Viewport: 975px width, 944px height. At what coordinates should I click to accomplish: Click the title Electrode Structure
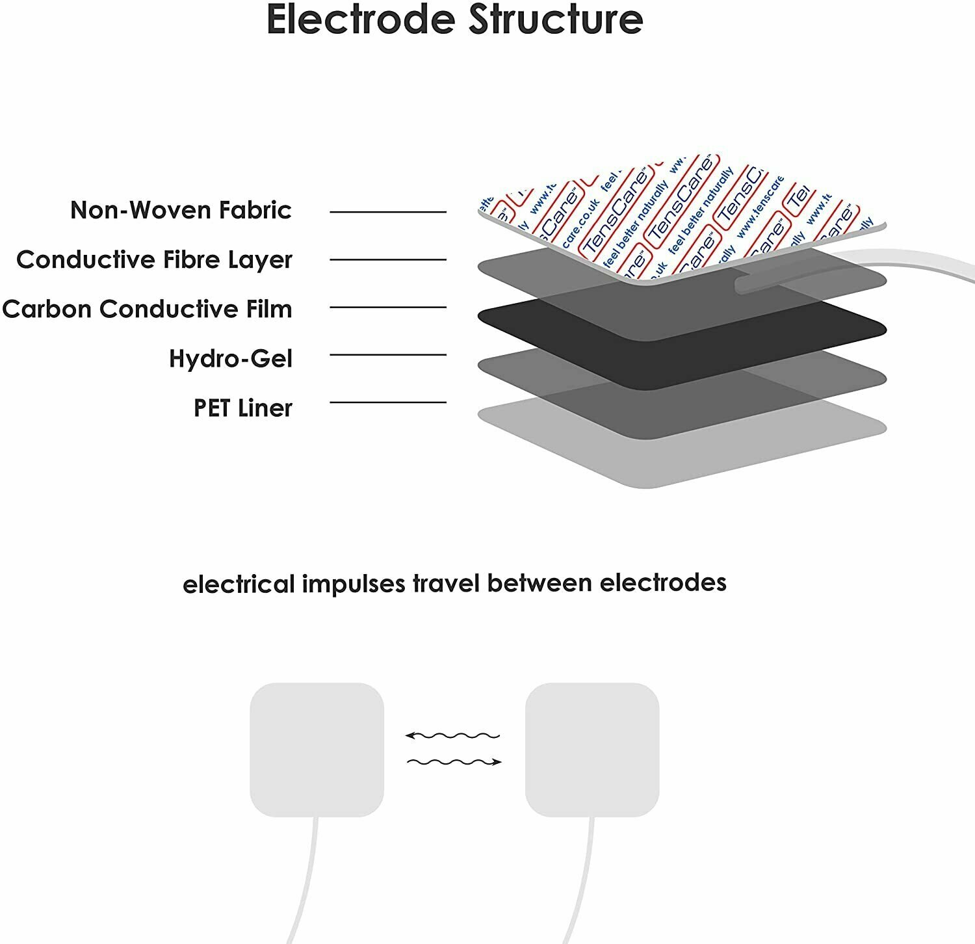click(x=454, y=20)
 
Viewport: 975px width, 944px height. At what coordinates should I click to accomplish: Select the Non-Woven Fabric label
click(x=181, y=210)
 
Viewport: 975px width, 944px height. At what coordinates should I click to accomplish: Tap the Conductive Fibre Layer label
click(x=154, y=259)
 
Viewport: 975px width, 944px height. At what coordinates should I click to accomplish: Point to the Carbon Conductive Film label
click(x=147, y=309)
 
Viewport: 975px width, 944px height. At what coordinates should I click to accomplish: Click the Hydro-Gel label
click(x=230, y=358)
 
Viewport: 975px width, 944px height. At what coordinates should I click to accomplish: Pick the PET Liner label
click(x=242, y=408)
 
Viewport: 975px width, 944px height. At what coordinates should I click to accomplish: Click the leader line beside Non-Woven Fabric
click(x=388, y=212)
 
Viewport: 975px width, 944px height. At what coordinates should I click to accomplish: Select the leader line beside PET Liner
click(x=388, y=402)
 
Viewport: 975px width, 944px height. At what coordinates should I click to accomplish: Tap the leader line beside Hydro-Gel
click(x=388, y=355)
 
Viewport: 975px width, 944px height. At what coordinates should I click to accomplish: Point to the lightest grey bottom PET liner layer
click(x=682, y=455)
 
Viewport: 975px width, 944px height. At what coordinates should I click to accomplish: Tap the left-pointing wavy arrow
click(x=452, y=736)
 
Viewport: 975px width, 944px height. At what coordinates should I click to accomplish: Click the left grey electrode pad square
click(x=317, y=749)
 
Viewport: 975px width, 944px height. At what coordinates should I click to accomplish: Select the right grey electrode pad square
click(x=592, y=749)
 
